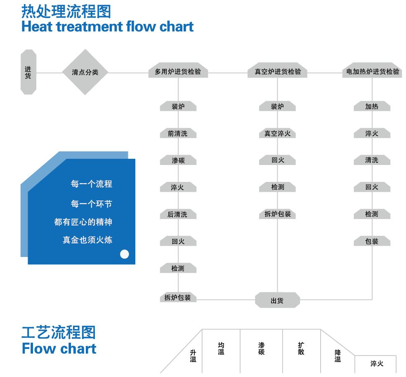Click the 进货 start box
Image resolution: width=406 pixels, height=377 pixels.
click(x=28, y=72)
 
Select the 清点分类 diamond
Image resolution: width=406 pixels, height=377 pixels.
click(x=85, y=72)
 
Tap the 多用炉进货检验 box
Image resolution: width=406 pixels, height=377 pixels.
click(x=178, y=70)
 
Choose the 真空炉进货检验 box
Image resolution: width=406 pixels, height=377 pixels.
click(x=277, y=70)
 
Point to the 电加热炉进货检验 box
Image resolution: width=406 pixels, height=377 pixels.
click(x=372, y=70)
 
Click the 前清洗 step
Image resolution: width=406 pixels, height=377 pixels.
click(x=178, y=133)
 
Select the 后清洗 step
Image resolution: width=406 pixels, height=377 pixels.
click(x=178, y=214)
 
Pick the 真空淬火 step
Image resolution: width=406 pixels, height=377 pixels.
click(x=277, y=133)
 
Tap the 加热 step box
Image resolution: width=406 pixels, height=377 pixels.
click(x=372, y=106)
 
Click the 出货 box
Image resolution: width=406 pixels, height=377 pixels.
click(x=277, y=300)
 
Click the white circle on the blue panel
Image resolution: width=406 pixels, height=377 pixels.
click(x=125, y=254)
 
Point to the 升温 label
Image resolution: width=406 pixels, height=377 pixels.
click(x=193, y=356)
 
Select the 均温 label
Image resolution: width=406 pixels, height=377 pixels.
click(x=221, y=348)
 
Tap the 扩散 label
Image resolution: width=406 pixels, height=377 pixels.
click(x=301, y=348)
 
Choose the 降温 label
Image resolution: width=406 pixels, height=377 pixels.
click(x=338, y=356)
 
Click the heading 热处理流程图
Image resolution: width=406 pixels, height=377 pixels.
click(x=66, y=12)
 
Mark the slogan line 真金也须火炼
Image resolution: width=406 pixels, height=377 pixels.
click(x=87, y=240)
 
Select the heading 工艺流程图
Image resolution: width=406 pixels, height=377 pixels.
click(x=59, y=332)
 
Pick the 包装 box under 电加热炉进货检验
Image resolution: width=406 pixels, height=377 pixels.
click(x=372, y=241)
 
